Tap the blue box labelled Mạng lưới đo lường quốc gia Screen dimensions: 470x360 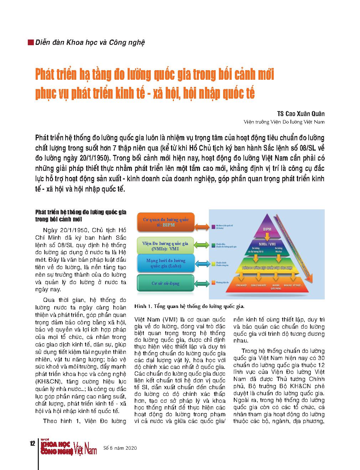pyautogui.click(x=165, y=263)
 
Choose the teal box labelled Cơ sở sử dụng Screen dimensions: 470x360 pyautogui.click(x=165, y=283)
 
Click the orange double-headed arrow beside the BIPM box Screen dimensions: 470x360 pyautogui.click(x=202, y=226)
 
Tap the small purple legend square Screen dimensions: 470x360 pyautogui.click(x=212, y=226)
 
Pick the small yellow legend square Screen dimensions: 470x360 pyautogui.click(x=212, y=263)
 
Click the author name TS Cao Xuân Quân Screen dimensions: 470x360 pyautogui.click(x=301, y=114)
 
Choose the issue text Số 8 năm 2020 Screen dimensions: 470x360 pyautogui.click(x=120, y=448)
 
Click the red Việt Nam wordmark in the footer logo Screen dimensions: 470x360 pyautogui.click(x=85, y=448)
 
